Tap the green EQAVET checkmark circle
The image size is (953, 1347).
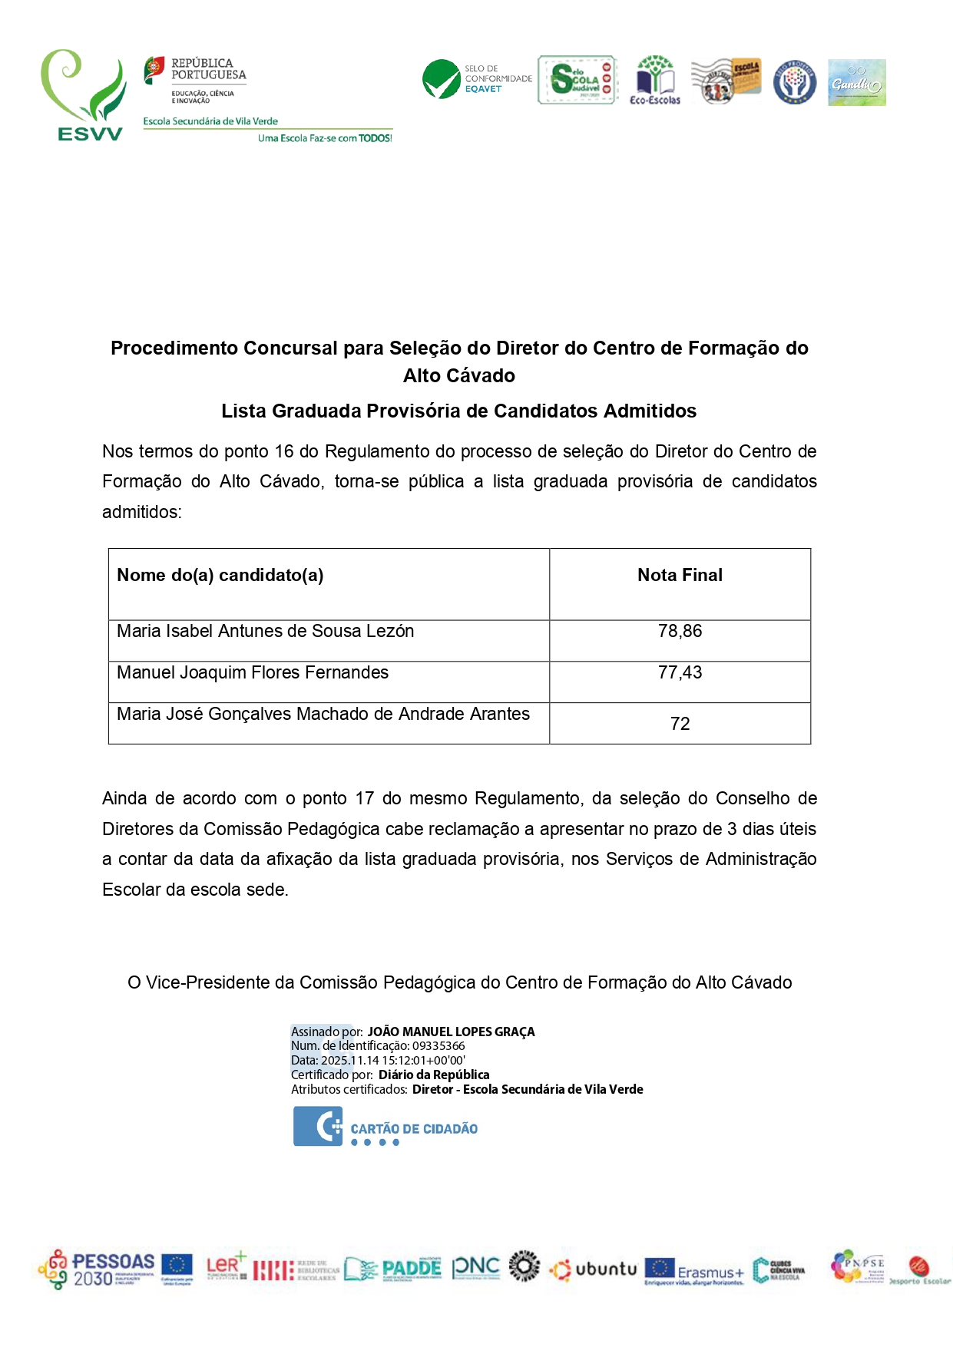coord(442,79)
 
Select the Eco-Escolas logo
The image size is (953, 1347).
coord(655,79)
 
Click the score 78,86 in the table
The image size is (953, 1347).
coord(680,631)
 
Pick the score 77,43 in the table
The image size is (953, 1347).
coord(680,672)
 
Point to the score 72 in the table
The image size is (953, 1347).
coord(680,724)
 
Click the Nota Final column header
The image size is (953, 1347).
coord(680,575)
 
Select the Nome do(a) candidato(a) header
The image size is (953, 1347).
coord(220,575)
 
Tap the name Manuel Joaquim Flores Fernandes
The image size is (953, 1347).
coord(253,672)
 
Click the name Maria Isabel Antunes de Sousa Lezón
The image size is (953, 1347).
coord(265,631)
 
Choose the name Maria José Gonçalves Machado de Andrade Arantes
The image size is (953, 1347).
coord(323,714)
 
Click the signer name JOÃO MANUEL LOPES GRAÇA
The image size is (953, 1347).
coord(451,1032)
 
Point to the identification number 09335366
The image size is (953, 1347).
coord(438,1046)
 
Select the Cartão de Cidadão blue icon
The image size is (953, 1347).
coord(318,1126)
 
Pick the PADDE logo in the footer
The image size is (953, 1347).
coord(393,1269)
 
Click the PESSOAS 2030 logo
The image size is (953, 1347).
coord(98,1269)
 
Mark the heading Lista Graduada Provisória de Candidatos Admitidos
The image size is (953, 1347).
coord(458,411)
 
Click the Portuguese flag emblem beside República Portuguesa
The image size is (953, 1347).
coord(154,70)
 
